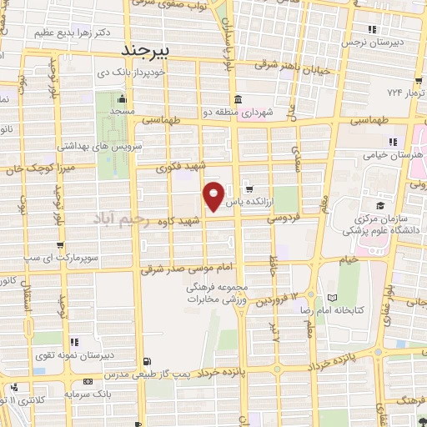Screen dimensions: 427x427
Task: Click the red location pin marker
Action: (x=214, y=195)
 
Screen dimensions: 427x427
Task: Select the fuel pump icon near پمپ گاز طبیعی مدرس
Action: (x=148, y=362)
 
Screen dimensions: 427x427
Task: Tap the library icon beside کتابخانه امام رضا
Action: (x=333, y=298)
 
